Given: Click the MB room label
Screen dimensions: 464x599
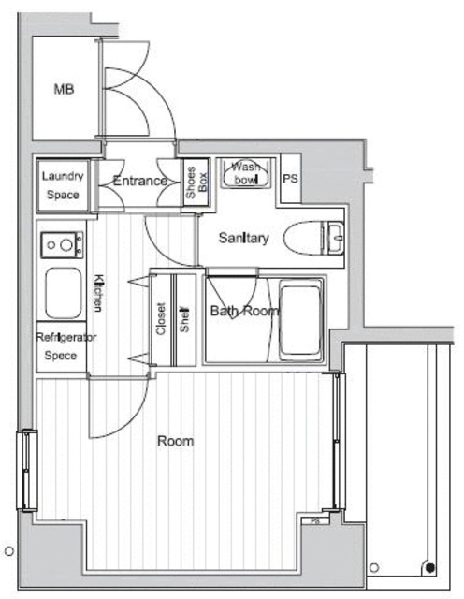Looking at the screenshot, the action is [x=64, y=90].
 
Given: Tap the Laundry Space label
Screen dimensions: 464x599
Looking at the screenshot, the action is [x=63, y=185].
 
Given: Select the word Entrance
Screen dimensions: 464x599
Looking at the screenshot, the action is [x=139, y=181].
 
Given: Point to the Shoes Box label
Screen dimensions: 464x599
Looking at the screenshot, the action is [x=196, y=183].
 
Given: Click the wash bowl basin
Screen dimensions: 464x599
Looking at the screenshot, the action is [x=246, y=174].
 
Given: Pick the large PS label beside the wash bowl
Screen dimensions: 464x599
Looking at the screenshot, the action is [x=290, y=179].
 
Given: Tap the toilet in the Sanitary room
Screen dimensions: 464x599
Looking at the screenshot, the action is [x=314, y=238].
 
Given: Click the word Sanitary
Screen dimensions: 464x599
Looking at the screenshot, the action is [x=243, y=238].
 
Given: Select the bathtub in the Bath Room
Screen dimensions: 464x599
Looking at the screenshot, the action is [x=300, y=320].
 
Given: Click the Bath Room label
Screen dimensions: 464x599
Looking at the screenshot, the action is [x=245, y=311].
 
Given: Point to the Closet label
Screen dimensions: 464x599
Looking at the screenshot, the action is [x=161, y=319].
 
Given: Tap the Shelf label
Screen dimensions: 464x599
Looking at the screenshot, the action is [x=184, y=319].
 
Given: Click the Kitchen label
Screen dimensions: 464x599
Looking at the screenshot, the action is [x=98, y=293].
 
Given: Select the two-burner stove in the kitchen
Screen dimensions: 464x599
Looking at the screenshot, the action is [x=63, y=245].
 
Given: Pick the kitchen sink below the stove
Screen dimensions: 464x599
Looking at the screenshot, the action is [x=64, y=293].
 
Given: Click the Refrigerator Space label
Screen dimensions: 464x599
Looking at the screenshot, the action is [x=61, y=346].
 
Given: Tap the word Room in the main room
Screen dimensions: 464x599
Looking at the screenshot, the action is [x=176, y=441].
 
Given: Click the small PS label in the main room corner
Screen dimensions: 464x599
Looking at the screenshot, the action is [x=315, y=520].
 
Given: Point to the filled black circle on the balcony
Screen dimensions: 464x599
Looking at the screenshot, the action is [x=430, y=568].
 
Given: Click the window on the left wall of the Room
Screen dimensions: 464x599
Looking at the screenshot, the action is [x=27, y=470].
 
